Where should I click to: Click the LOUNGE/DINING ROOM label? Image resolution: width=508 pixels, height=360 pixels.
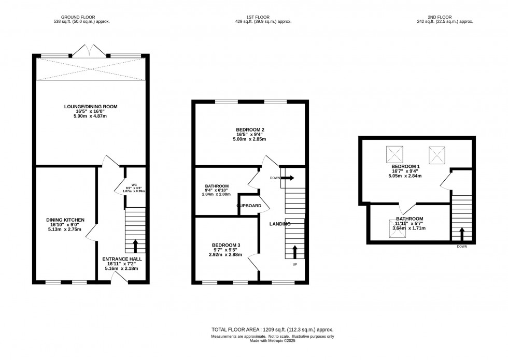pyautogui.click(x=91, y=106)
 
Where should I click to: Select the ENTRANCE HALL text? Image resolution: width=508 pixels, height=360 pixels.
pyautogui.click(x=122, y=259)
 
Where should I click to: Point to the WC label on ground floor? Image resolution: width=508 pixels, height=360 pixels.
pyautogui.click(x=134, y=185)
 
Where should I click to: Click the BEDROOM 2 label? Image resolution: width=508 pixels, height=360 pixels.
pyautogui.click(x=251, y=129)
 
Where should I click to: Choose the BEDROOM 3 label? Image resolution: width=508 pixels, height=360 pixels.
pyautogui.click(x=225, y=244)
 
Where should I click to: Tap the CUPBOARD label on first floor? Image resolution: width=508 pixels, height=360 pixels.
pyautogui.click(x=249, y=206)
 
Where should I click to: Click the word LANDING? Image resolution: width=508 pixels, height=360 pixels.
pyautogui.click(x=279, y=224)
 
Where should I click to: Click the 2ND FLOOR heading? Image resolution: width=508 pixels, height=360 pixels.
pyautogui.click(x=458, y=17)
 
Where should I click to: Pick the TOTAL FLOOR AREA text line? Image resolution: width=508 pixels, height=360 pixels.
pyautogui.click(x=272, y=329)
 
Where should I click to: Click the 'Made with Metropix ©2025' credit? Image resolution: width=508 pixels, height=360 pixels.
pyautogui.click(x=272, y=342)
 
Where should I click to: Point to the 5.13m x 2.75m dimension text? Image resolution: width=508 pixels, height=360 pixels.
pyautogui.click(x=65, y=229)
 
